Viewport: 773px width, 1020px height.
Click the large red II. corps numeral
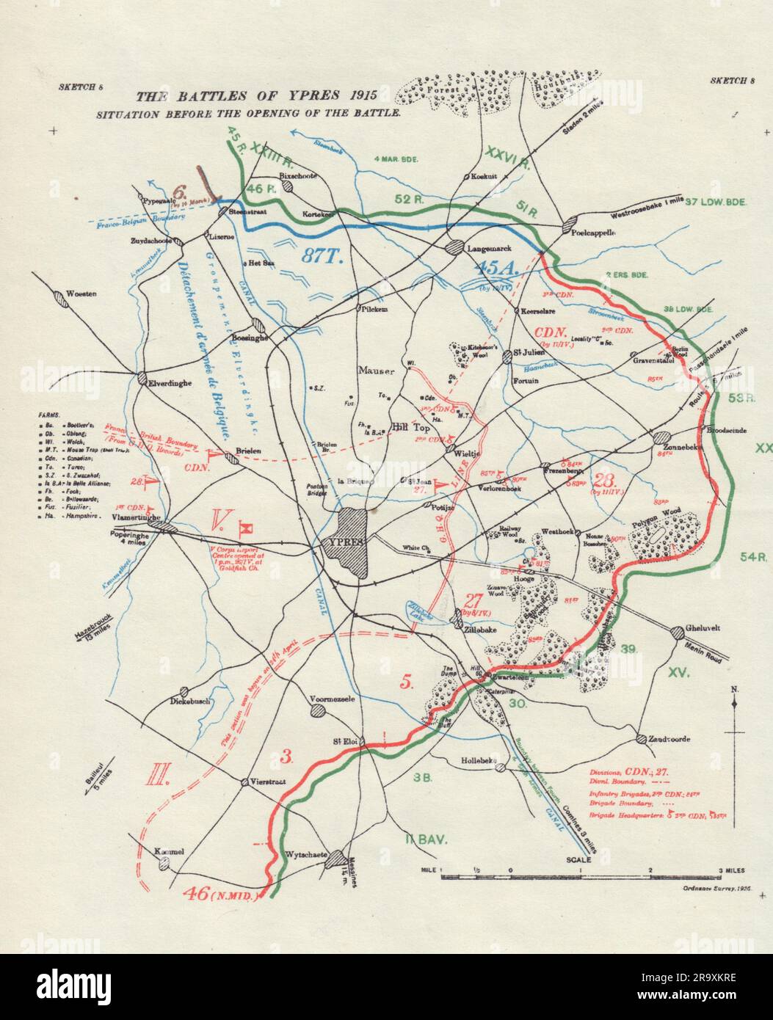[159, 776]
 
